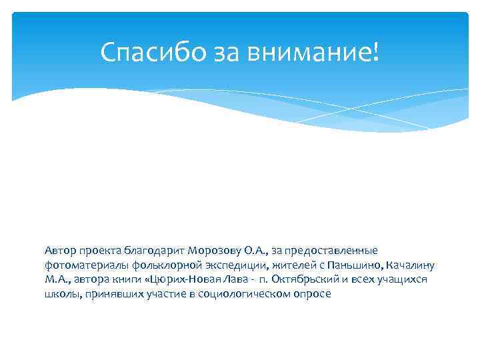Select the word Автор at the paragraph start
[x=61, y=251]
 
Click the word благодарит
[x=153, y=251]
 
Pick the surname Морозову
[x=214, y=251]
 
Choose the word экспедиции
[x=223, y=265]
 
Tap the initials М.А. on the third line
[x=56, y=279]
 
